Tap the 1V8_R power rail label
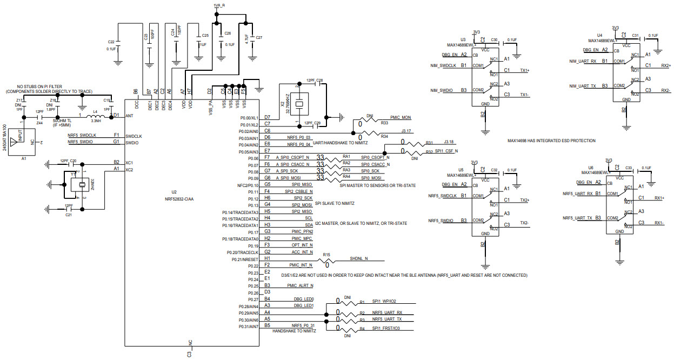[x=219, y=5]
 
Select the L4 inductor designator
[x=95, y=111]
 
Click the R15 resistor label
[x=326, y=254]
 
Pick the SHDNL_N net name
[x=359, y=258]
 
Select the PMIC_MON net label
[x=400, y=117]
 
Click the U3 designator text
[x=463, y=40]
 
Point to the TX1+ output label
[x=524, y=70]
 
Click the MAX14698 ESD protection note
[x=551, y=141]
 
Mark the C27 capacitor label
[x=258, y=38]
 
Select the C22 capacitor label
[x=111, y=42]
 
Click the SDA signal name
[x=309, y=224]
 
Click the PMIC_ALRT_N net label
[x=300, y=285]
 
